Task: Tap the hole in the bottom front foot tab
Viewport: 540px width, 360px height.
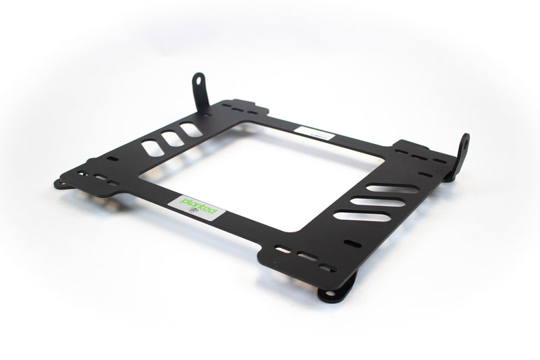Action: pyautogui.click(x=329, y=292)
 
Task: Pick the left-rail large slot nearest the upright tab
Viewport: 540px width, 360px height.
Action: pyautogui.click(x=191, y=130)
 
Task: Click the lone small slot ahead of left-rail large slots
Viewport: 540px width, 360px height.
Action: pyautogui.click(x=112, y=159)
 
